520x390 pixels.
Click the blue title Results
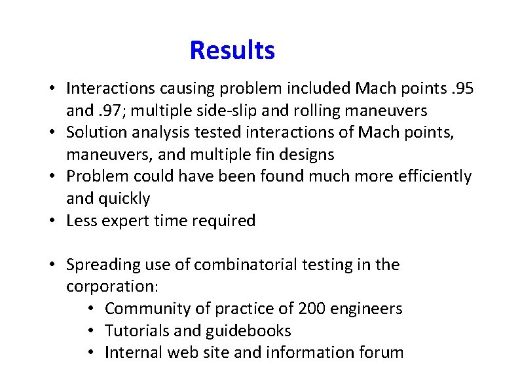[x=232, y=50]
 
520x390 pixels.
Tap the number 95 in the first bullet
[x=459, y=87]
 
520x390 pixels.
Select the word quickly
[x=125, y=199]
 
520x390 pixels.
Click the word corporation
[x=116, y=287]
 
